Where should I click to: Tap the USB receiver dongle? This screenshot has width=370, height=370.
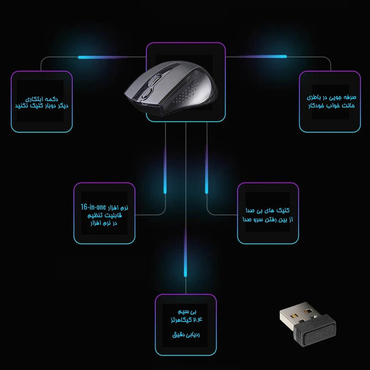(308, 325)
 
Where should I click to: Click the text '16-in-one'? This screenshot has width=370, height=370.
(93, 207)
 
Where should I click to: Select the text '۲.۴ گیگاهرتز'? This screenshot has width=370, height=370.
(186, 320)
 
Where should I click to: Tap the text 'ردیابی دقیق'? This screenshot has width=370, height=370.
(186, 334)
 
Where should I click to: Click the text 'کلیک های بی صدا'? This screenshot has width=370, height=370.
(268, 210)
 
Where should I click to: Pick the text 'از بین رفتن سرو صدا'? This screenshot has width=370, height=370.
(268, 219)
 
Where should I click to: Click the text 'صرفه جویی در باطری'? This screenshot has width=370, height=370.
(331, 97)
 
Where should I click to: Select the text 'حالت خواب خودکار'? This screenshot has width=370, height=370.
(331, 105)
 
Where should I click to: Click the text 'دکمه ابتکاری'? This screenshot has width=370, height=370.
(42, 99)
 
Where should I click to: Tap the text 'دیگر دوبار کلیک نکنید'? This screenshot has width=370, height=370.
(42, 106)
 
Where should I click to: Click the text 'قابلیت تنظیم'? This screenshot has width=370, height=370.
(105, 216)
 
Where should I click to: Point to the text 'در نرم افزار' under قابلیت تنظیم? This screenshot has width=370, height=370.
(104, 223)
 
